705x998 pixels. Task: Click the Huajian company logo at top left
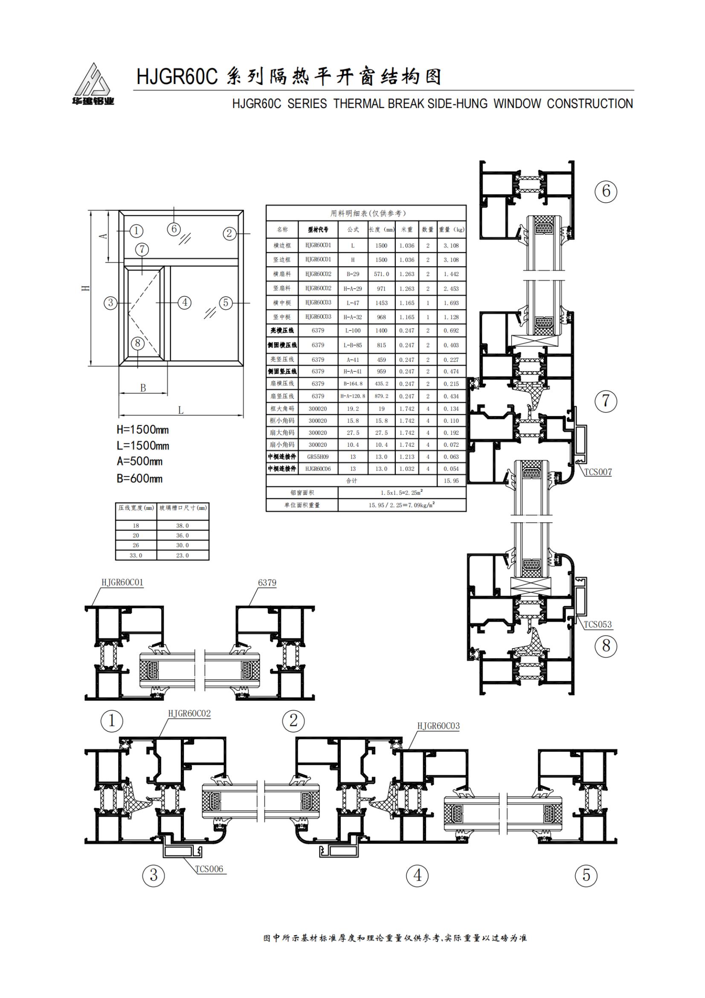pyautogui.click(x=93, y=85)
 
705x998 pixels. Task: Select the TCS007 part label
pyautogui.click(x=598, y=471)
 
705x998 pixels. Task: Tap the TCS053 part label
pyautogui.click(x=597, y=625)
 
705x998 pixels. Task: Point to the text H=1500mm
pyautogui.click(x=143, y=430)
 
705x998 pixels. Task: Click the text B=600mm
pyautogui.click(x=139, y=479)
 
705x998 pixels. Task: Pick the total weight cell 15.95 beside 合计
pyautogui.click(x=451, y=481)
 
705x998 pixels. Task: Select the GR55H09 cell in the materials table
pyautogui.click(x=318, y=457)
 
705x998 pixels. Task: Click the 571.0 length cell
pyautogui.click(x=381, y=274)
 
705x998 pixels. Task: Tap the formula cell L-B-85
pyautogui.click(x=353, y=345)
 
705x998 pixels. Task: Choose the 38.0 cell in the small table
pyautogui.click(x=183, y=526)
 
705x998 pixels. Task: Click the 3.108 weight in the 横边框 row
pyautogui.click(x=451, y=246)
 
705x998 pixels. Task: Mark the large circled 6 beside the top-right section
pyautogui.click(x=606, y=190)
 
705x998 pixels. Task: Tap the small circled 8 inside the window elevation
pyautogui.click(x=138, y=343)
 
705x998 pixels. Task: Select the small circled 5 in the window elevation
pyautogui.click(x=226, y=303)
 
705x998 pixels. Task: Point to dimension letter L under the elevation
pyautogui.click(x=181, y=410)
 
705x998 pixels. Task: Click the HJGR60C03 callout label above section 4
pyautogui.click(x=438, y=726)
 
